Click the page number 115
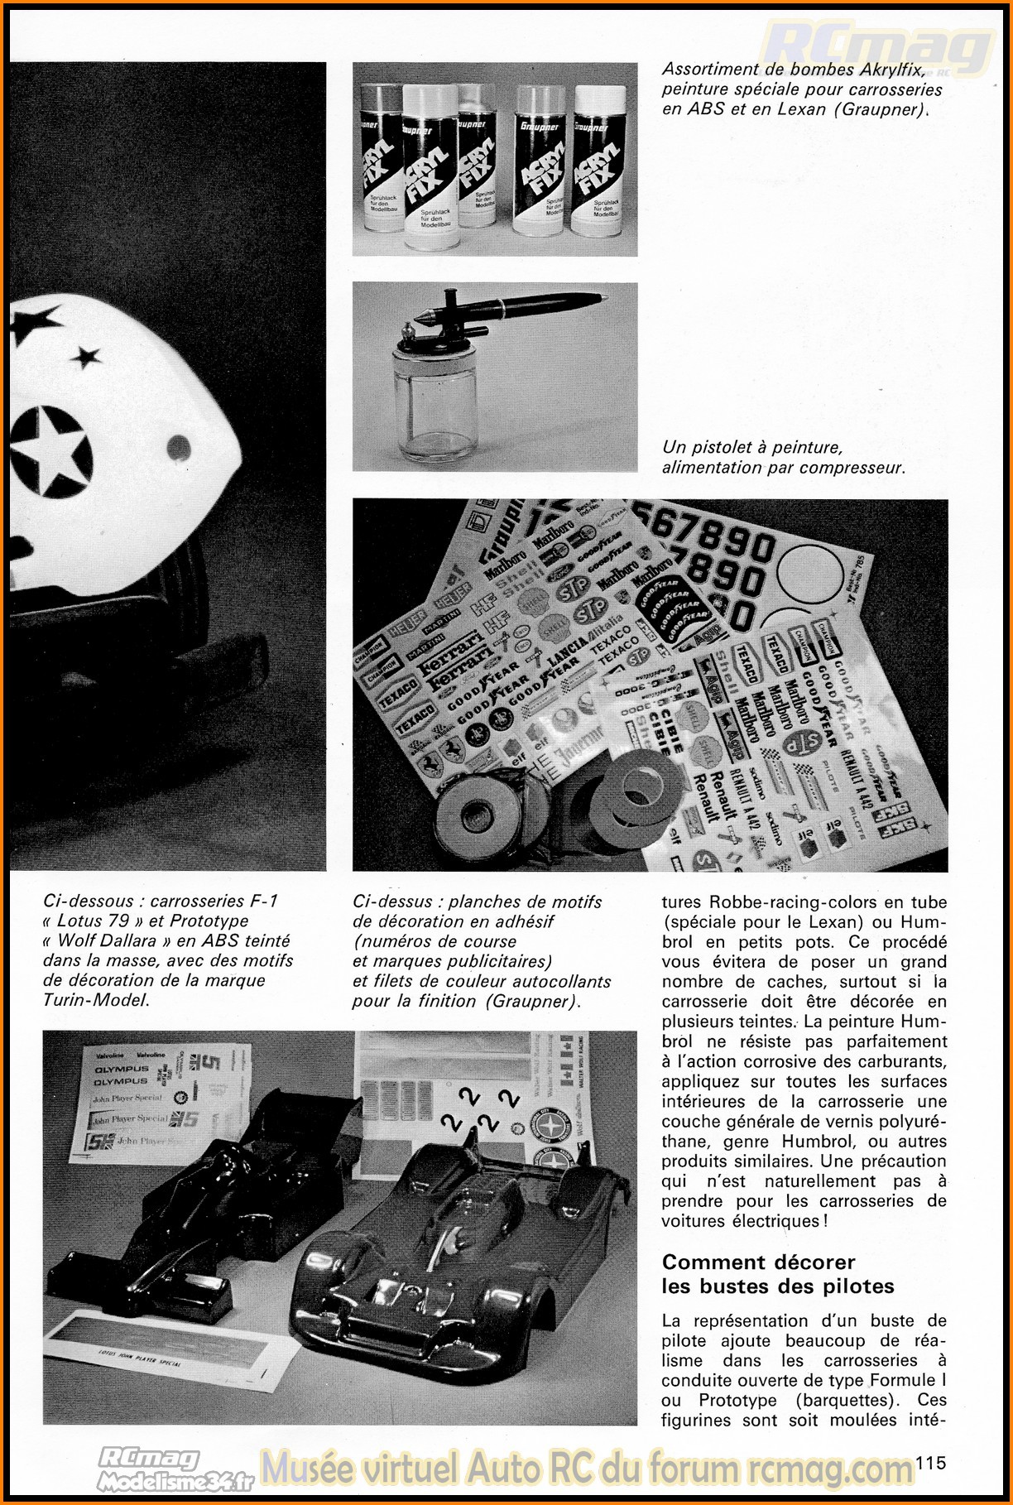pyautogui.click(x=930, y=1464)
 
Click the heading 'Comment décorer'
pyautogui.click(x=758, y=1262)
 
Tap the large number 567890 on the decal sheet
pyautogui.click(x=703, y=537)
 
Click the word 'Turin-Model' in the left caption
pyautogui.click(x=95, y=1000)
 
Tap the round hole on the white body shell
pyautogui.click(x=178, y=450)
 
